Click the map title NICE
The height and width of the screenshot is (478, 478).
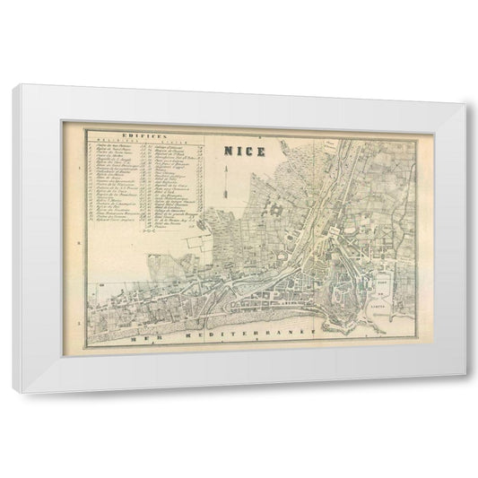(x=245, y=151)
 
